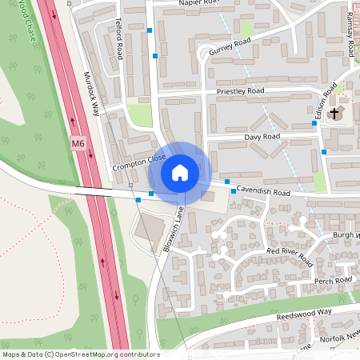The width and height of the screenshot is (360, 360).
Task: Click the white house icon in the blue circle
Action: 179,172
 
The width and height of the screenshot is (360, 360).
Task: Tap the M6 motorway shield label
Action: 78,144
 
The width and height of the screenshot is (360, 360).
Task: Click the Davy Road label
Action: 262,137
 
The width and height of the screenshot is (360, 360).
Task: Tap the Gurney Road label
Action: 236,46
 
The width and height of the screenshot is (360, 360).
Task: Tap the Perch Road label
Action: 333,281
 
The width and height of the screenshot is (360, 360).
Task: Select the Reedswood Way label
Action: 303,314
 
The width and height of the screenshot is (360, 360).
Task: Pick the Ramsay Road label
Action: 350,38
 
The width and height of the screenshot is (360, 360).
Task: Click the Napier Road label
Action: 197,3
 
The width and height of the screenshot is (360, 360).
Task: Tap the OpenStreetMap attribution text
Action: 81,354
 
